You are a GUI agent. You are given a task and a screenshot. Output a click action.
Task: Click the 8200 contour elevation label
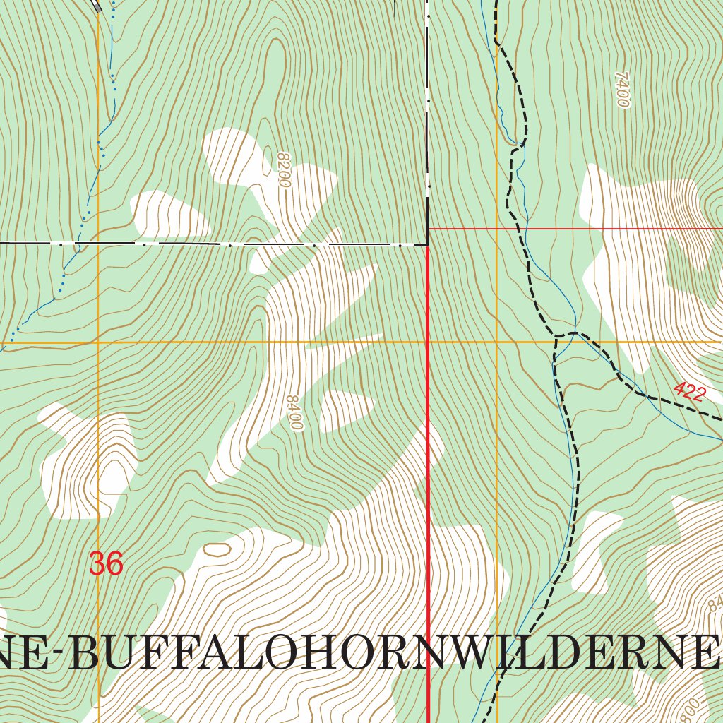pyautogui.click(x=284, y=169)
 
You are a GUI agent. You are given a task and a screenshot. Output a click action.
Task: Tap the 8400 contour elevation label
pyautogui.click(x=294, y=413)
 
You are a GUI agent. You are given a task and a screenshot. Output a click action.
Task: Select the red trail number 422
pyautogui.click(x=688, y=391)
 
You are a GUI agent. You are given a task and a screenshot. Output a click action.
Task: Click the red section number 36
pyautogui.click(x=107, y=564)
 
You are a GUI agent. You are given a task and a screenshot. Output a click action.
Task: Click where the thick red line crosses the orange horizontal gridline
pyautogui.click(x=429, y=342)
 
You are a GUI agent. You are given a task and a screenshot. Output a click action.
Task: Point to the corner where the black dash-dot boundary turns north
pyautogui.click(x=428, y=244)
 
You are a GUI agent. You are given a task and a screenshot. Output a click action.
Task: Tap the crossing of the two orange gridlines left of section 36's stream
pyautogui.click(x=98, y=342)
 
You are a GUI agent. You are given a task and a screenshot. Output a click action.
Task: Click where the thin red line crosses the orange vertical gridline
pyautogui.click(x=497, y=229)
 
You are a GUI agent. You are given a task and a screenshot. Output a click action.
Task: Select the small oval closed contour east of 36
pyautogui.click(x=217, y=549)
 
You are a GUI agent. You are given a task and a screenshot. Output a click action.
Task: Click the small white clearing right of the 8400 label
pyautogui.click(x=345, y=410)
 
